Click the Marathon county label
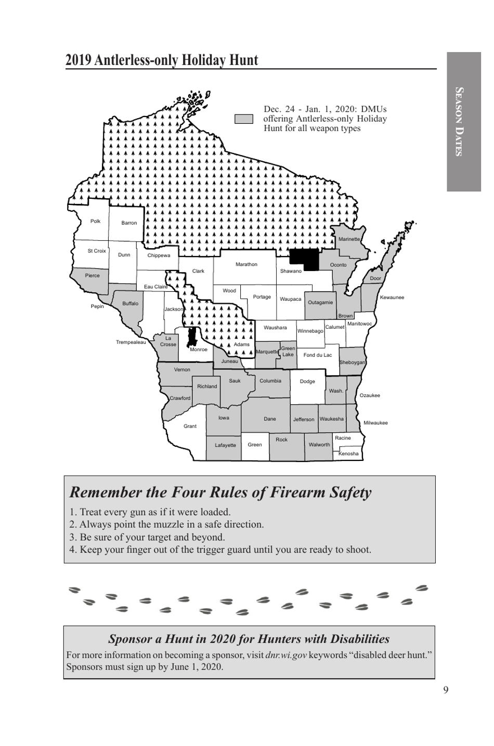246,265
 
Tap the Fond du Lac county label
317,355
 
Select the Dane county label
270,419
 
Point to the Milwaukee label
375,423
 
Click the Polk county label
96,222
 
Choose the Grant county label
190,427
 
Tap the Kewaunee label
392,298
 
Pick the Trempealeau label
131,342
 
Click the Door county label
375,278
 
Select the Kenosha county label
348,454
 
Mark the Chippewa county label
159,255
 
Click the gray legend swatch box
244,119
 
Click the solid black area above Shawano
305,259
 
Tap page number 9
446,690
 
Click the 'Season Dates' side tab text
459,121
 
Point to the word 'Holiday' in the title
202,60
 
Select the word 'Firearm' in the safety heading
289,492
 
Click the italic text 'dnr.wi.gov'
286,655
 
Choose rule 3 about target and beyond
147,537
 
